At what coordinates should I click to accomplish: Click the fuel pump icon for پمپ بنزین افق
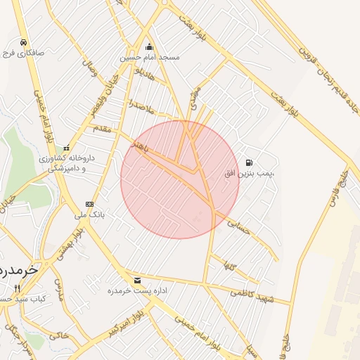click(250, 162)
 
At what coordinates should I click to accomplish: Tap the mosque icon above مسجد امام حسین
click(149, 48)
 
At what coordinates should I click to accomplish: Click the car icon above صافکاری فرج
click(24, 42)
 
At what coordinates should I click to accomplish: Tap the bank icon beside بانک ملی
click(89, 204)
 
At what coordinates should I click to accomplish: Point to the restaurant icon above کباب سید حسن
click(17, 289)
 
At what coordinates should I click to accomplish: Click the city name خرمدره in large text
click(15, 270)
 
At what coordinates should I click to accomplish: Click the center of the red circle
click(180, 180)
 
